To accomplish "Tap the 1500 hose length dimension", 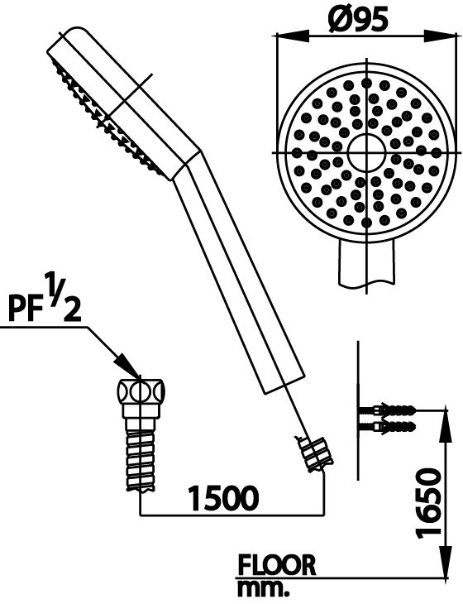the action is [223, 498].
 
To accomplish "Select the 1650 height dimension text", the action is [427, 502].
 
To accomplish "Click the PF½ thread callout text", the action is [45, 299].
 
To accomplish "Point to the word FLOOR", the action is [277, 565].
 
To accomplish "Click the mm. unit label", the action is [263, 590].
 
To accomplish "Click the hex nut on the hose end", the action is [141, 398].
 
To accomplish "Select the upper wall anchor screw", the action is [388, 410].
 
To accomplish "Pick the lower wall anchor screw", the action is [388, 427].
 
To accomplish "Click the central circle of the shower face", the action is [366, 152].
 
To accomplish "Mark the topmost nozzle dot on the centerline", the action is [366, 83].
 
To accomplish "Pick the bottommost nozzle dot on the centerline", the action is [366, 223].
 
